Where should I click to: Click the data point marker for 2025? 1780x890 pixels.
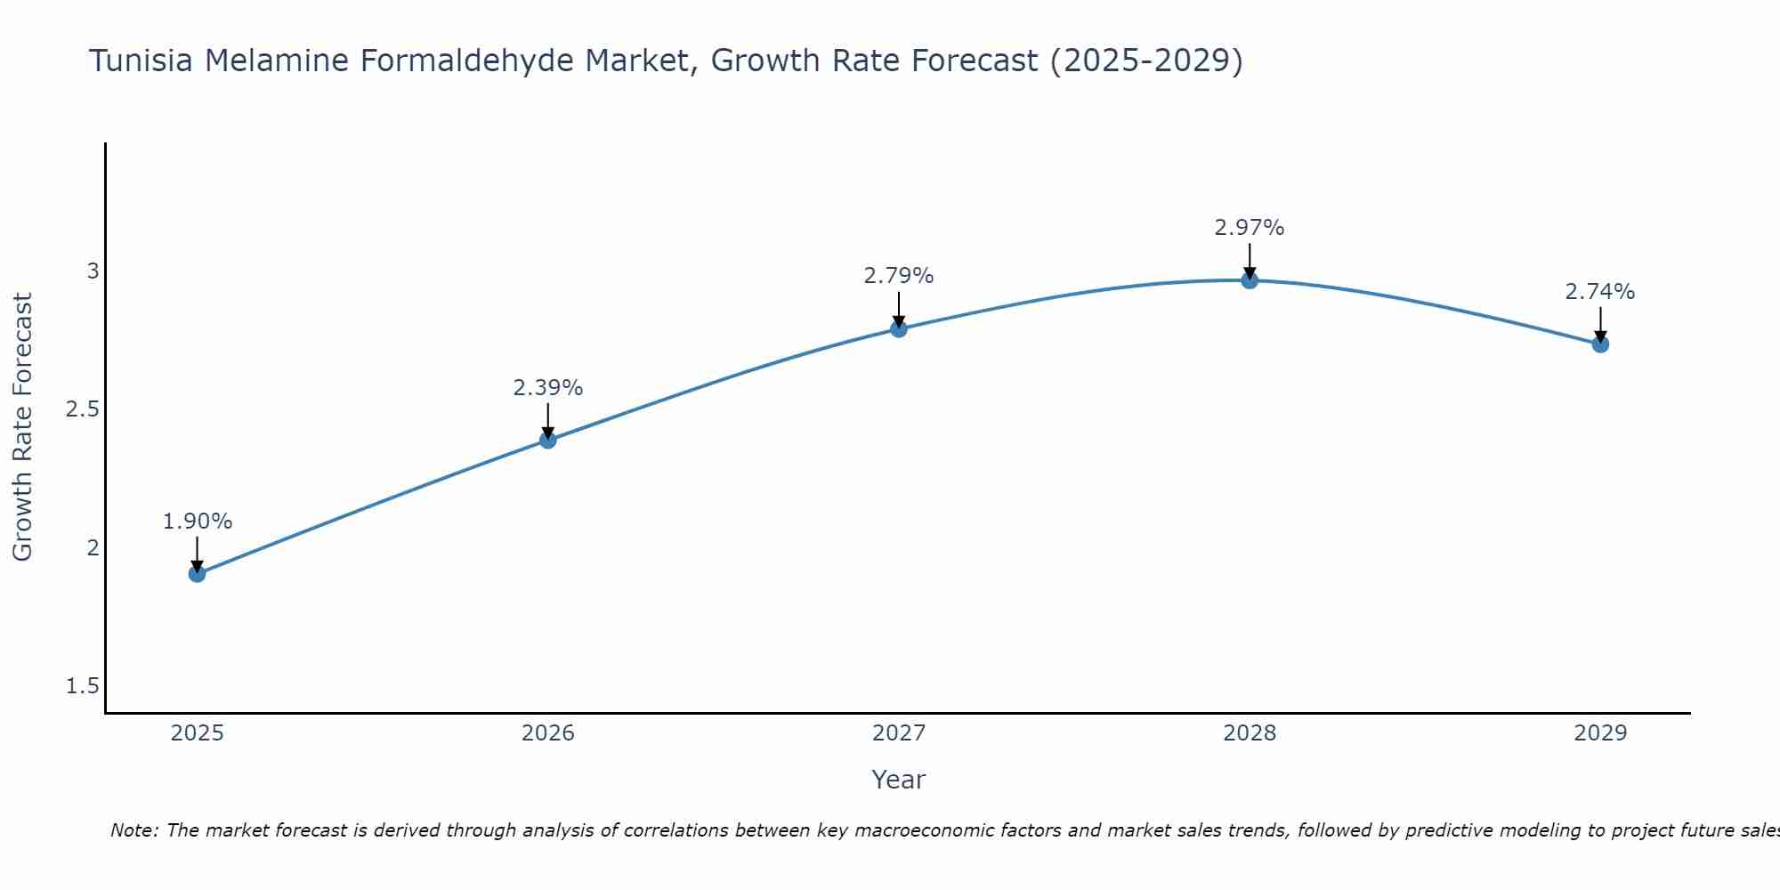[x=198, y=574]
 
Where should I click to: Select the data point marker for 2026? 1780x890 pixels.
[x=548, y=440]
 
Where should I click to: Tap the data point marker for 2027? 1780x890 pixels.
[x=899, y=329]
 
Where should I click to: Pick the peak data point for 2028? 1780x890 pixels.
[x=1250, y=280]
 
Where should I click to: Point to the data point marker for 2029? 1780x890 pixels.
[x=1600, y=344]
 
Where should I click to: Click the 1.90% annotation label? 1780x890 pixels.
[x=198, y=522]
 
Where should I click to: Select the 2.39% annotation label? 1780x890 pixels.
[x=548, y=388]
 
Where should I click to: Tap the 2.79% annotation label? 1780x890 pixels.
[x=899, y=276]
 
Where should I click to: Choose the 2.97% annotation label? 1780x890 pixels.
[x=1250, y=228]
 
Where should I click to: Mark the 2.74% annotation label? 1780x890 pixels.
[x=1600, y=292]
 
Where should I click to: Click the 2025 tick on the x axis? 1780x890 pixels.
[x=198, y=733]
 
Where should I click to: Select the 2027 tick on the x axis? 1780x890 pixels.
[x=899, y=733]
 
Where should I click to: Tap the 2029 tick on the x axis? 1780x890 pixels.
[x=1600, y=733]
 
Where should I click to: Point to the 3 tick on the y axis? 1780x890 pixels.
[x=93, y=271]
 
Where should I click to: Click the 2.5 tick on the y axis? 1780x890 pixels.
[x=83, y=409]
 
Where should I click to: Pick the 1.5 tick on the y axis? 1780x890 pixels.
[x=83, y=686]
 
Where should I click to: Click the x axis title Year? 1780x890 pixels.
[x=899, y=780]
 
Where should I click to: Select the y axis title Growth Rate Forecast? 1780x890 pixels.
[x=23, y=427]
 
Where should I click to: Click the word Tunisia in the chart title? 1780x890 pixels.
[x=142, y=61]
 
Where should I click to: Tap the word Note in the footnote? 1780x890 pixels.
[x=133, y=830]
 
